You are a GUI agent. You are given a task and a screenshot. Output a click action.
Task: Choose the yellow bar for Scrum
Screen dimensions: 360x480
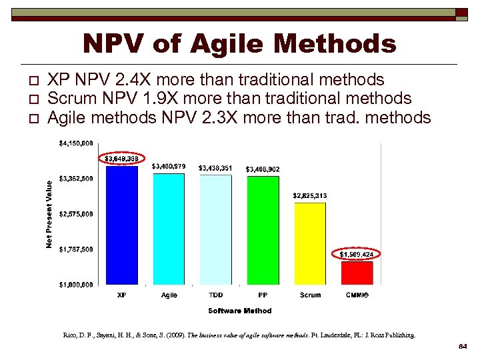(x=310, y=243)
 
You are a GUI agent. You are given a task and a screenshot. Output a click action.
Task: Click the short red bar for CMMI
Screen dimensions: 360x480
(x=357, y=273)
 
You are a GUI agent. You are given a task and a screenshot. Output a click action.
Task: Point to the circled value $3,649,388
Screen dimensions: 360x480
(x=121, y=159)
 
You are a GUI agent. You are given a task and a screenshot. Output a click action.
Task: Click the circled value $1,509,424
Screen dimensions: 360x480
(x=357, y=254)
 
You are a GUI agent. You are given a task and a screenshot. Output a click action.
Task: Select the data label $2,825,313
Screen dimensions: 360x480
(x=310, y=195)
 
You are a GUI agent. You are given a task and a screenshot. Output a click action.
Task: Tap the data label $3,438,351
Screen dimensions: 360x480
(x=215, y=168)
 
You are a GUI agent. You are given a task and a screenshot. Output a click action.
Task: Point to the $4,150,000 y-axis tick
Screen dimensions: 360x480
(x=76, y=143)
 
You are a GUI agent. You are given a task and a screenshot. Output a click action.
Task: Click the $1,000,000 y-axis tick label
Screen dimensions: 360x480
(x=76, y=285)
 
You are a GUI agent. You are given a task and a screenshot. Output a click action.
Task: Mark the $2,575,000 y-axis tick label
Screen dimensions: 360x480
(x=76, y=214)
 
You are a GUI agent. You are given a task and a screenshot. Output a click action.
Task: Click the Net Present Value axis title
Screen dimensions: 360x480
(x=49, y=213)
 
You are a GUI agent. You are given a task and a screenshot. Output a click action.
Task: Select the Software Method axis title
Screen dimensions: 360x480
(x=239, y=311)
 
